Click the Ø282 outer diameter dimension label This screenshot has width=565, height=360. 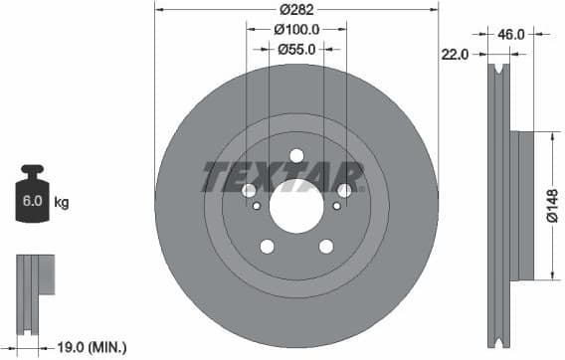click(295, 10)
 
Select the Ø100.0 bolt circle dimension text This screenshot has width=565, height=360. click(295, 29)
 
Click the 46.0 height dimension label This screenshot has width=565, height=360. click(510, 34)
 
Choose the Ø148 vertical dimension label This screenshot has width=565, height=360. click(552, 206)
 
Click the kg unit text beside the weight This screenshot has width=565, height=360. click(61, 203)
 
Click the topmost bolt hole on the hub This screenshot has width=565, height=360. click(296, 155)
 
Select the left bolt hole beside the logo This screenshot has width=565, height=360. click(249, 190)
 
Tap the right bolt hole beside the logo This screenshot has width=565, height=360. click(344, 190)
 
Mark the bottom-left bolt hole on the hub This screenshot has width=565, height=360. click(267, 247)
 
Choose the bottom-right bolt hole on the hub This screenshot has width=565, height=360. click(325, 247)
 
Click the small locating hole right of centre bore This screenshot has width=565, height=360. click(337, 207)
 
